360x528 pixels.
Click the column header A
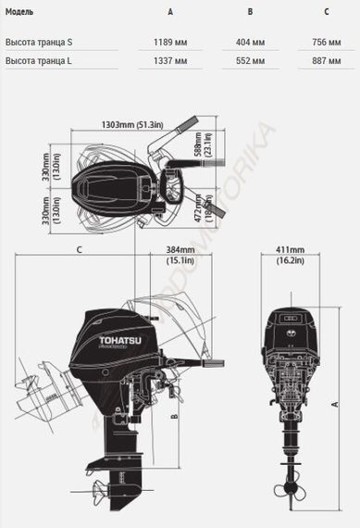click(x=169, y=12)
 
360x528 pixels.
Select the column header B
click(x=250, y=12)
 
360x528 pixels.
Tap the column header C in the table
click(x=326, y=12)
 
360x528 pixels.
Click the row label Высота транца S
click(x=39, y=42)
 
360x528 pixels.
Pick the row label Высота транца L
click(x=39, y=60)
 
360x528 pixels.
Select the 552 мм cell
click(x=250, y=60)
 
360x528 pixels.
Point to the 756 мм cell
click(x=326, y=42)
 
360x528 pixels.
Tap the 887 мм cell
click(x=326, y=60)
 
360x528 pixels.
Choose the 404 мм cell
click(x=250, y=42)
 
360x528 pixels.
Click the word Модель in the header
click(x=19, y=12)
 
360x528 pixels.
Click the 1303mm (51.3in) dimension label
click(x=132, y=125)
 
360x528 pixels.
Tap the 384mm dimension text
click(x=180, y=249)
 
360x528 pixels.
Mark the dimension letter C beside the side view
click(x=81, y=250)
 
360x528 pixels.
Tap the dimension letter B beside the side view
click(x=174, y=417)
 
